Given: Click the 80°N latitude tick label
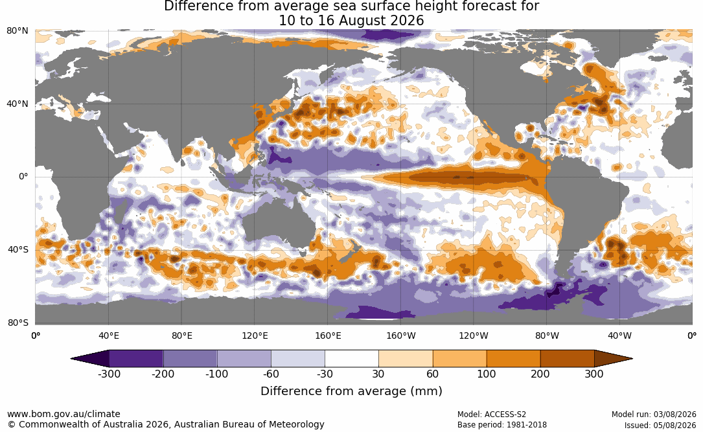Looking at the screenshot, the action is pos(17,31).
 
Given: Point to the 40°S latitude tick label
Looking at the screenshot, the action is pos(18,249).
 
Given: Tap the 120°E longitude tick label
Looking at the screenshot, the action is pos(255,335).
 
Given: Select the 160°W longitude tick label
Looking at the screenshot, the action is pos(400,335).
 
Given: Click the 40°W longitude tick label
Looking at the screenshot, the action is pos(619,335).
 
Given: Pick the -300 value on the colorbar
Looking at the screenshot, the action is pos(109,374).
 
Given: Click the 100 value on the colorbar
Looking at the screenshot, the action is pos(487,374).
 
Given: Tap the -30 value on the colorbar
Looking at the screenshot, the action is pos(325,374).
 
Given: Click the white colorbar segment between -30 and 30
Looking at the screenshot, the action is pos(352,359).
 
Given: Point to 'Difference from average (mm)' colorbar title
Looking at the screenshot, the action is pos(351,391).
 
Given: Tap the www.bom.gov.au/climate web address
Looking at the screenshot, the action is pos(63,414).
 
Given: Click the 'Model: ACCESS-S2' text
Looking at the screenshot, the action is pos(492,415).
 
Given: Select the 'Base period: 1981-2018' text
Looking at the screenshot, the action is pos(502,425).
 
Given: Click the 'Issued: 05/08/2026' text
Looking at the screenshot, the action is pos(660,425).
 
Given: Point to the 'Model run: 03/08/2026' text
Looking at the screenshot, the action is pos(654,415).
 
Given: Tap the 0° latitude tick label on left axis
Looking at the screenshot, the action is pos(23,177).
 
